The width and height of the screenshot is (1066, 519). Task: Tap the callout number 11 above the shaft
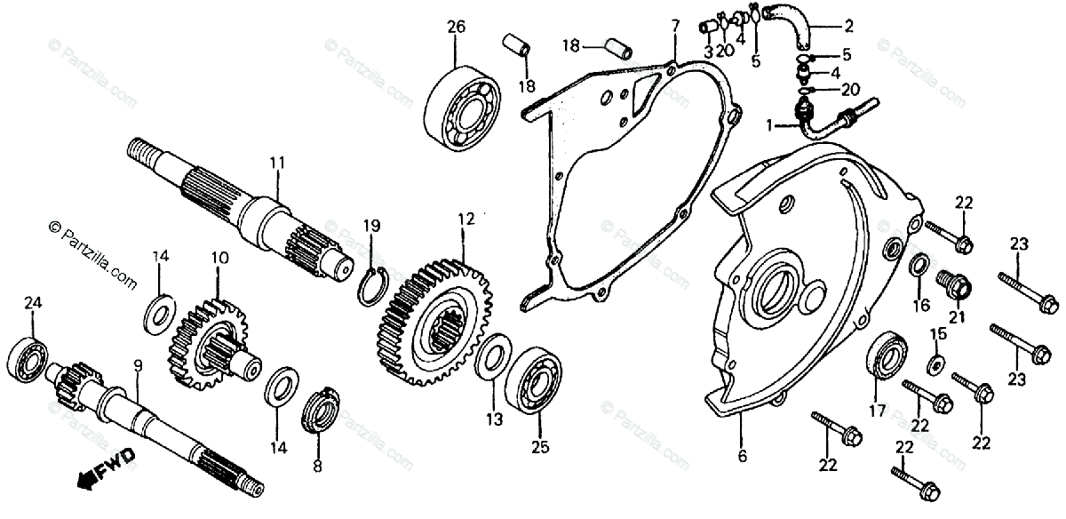pos(276,163)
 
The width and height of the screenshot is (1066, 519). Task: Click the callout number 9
pos(137,364)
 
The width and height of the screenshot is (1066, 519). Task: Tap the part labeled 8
pos(319,412)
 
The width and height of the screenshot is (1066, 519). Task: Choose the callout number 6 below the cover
pos(743,458)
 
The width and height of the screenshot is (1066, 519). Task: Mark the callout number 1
pos(769,127)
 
